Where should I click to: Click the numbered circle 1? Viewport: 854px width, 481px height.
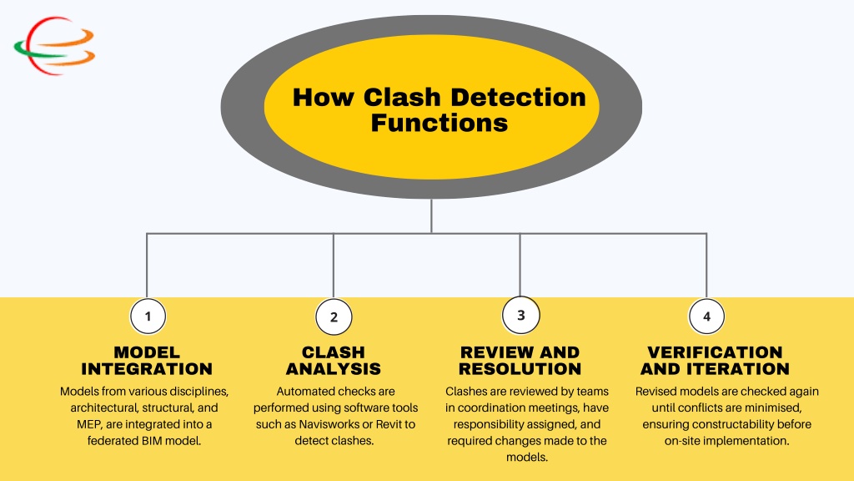tap(148, 316)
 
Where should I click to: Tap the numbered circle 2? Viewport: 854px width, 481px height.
tap(334, 317)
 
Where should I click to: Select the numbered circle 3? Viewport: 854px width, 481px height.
tap(520, 315)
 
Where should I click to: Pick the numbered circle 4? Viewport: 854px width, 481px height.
tap(706, 316)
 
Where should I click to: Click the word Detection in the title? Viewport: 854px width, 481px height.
tap(518, 98)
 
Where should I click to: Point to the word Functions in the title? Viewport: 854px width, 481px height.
tap(440, 123)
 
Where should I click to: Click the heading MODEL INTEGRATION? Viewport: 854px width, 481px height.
tap(147, 360)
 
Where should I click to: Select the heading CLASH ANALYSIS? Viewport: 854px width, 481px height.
tap(334, 360)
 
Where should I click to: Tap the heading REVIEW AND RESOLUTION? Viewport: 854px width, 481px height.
tap(520, 360)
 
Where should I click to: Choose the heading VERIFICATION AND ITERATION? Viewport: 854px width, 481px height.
tap(715, 360)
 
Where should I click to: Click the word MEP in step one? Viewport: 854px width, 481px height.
tap(89, 424)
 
